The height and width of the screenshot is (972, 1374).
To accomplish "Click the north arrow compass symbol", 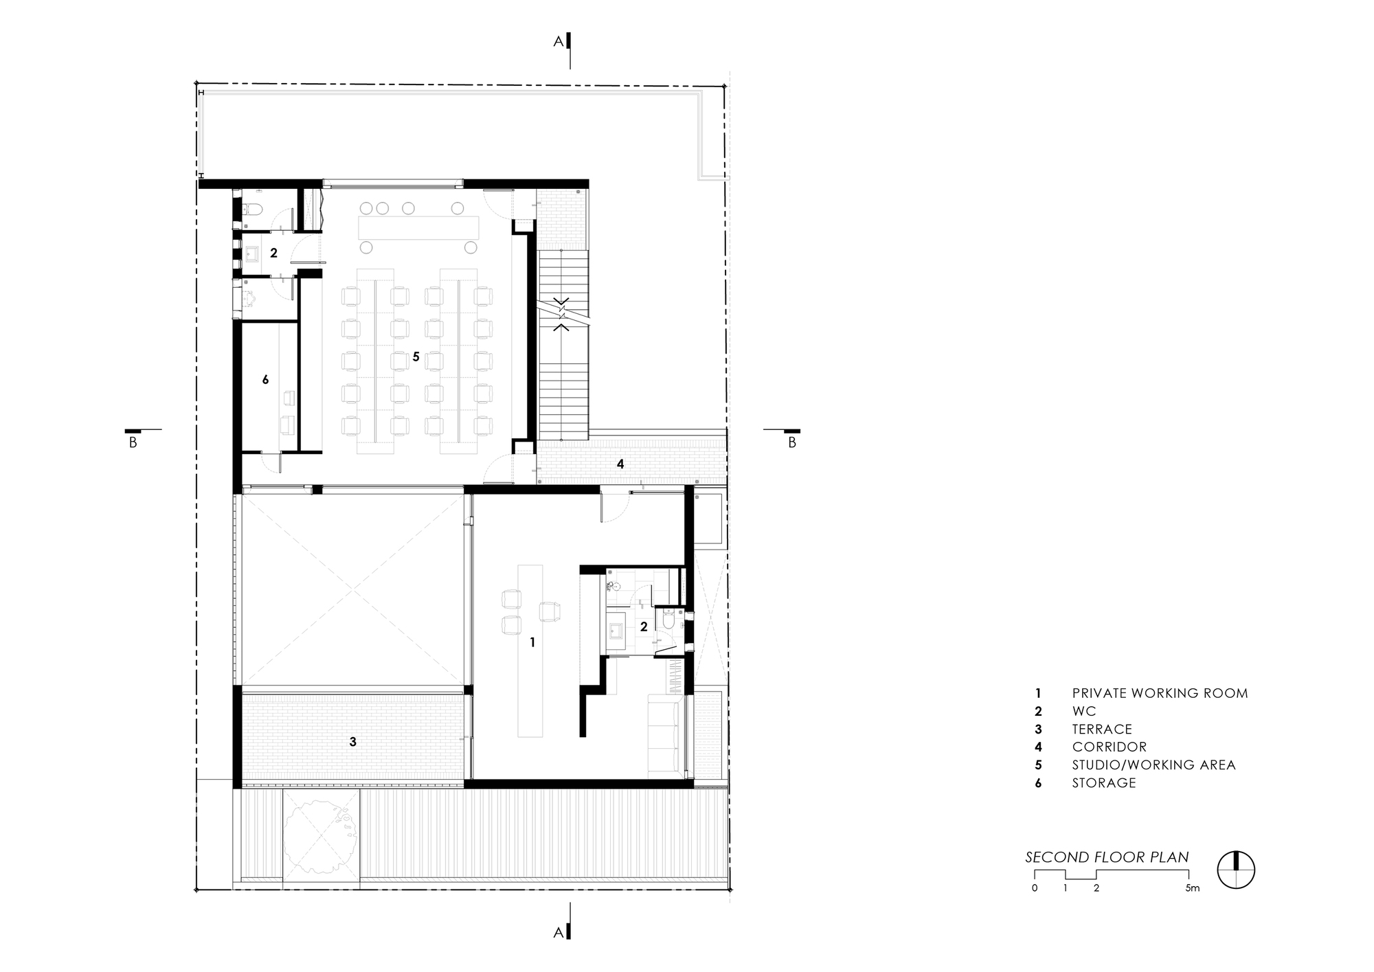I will point(1236,870).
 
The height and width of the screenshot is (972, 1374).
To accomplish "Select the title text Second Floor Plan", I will point(1106,857).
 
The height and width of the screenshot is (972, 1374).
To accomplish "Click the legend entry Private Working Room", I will point(1159,694).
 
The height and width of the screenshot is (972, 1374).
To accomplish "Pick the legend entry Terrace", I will point(1101,730).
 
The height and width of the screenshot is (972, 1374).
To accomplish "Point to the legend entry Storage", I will point(1103,783).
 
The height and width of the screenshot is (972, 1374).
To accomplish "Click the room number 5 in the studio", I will point(416,357).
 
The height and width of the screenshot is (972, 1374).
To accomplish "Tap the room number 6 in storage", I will point(265,379).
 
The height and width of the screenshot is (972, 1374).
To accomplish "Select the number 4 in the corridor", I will point(620,464).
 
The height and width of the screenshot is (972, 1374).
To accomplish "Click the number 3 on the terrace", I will point(352,742).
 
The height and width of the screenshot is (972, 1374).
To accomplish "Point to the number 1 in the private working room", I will point(532,642).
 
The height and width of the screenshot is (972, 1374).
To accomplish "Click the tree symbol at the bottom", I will point(321,836).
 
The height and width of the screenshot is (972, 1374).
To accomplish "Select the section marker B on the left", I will point(133,442).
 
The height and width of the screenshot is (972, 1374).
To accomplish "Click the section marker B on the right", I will point(791,442).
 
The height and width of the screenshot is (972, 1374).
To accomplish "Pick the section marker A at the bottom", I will point(559,932).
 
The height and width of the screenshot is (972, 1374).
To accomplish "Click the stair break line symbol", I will point(563,313).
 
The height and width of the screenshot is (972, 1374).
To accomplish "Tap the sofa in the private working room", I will point(664,735).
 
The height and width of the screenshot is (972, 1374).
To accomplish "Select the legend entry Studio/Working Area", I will point(1153,765).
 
